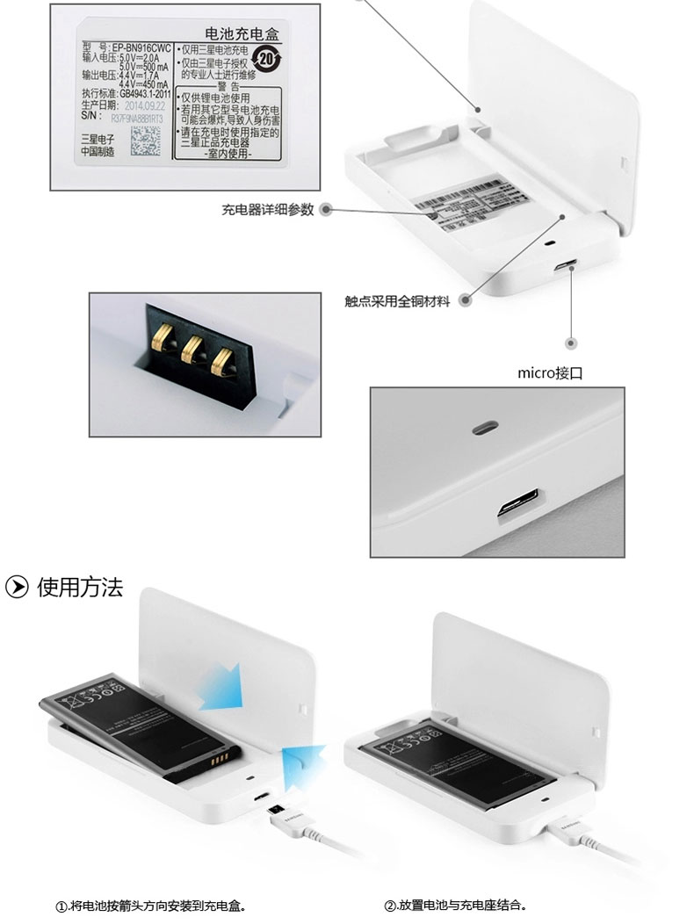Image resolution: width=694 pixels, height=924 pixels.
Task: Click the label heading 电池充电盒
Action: point(239,36)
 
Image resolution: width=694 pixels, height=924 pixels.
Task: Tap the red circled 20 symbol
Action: point(265,59)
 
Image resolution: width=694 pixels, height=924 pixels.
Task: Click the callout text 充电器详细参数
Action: point(267,210)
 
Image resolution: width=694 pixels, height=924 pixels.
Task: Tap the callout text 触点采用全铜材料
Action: point(397,301)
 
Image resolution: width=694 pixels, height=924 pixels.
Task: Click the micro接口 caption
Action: point(550,373)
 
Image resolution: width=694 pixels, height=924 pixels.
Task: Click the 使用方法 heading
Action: point(80,588)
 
